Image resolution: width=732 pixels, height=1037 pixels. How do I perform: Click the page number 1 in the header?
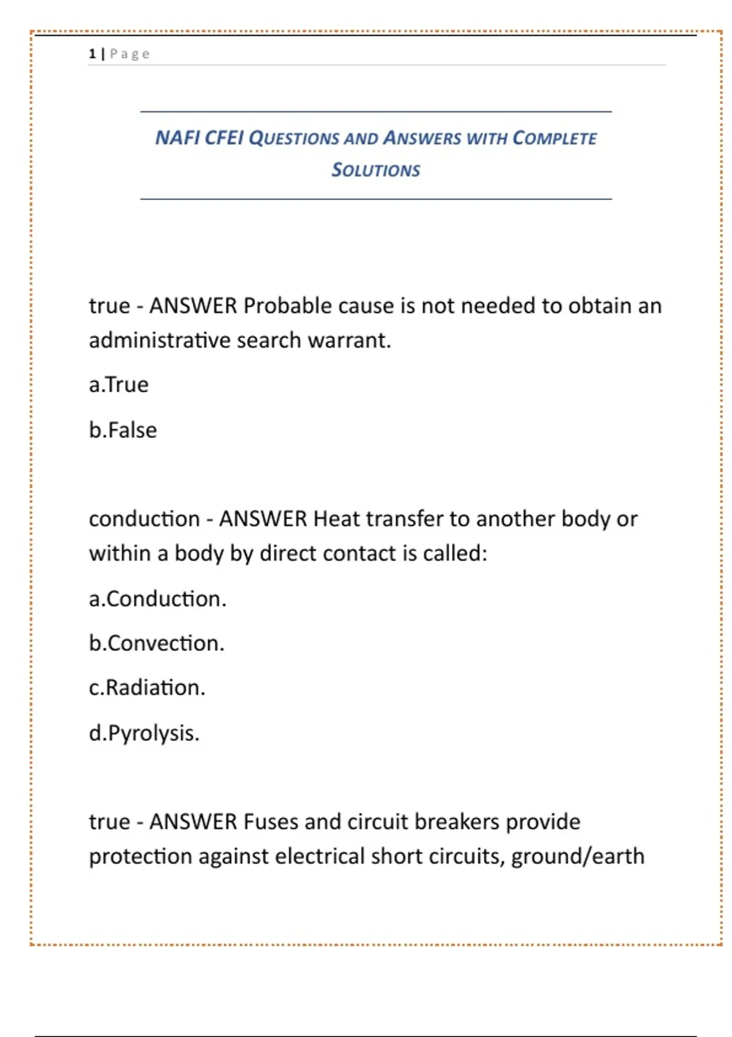(92, 54)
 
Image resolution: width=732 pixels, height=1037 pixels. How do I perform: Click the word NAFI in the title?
(177, 138)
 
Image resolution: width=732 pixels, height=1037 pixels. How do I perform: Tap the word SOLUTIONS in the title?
(376, 170)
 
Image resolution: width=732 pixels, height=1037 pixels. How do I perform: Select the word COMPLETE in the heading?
(554, 138)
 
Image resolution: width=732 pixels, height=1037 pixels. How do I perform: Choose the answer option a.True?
(119, 385)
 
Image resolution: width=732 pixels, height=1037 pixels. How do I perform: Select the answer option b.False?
(123, 430)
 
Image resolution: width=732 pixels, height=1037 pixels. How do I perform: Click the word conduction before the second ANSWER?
(145, 519)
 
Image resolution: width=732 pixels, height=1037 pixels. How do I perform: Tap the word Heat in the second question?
(336, 519)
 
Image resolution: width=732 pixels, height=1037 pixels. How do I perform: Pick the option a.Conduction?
(157, 599)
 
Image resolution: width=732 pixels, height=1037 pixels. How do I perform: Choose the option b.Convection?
(157, 644)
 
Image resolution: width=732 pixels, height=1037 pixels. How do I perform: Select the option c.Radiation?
(147, 688)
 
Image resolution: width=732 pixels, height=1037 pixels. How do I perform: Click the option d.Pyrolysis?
(144, 733)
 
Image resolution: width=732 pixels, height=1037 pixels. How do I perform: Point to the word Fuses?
(270, 822)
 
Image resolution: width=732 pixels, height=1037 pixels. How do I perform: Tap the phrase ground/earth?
(578, 856)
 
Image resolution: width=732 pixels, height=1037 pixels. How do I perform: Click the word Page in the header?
(130, 54)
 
